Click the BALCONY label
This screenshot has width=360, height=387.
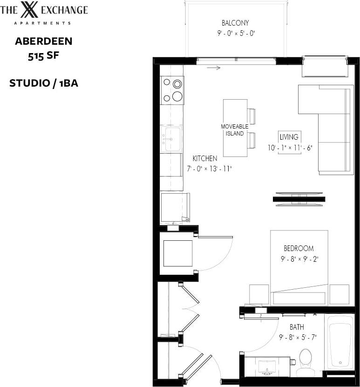235,23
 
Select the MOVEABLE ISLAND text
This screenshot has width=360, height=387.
231,130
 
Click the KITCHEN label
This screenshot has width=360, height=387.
204,158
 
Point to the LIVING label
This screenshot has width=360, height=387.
289,137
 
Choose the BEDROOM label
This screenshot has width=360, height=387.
299,248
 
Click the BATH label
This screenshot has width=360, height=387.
297,327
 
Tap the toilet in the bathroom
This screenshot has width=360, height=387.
306,362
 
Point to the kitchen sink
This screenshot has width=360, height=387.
171,139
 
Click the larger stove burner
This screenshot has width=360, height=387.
177,96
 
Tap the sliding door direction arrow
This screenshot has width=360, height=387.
214,68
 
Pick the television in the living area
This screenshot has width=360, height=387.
299,199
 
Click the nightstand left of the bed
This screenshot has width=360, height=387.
259,294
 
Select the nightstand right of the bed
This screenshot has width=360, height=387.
339,294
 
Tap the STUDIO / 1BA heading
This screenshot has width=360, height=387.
43,83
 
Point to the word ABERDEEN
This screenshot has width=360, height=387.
43,41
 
